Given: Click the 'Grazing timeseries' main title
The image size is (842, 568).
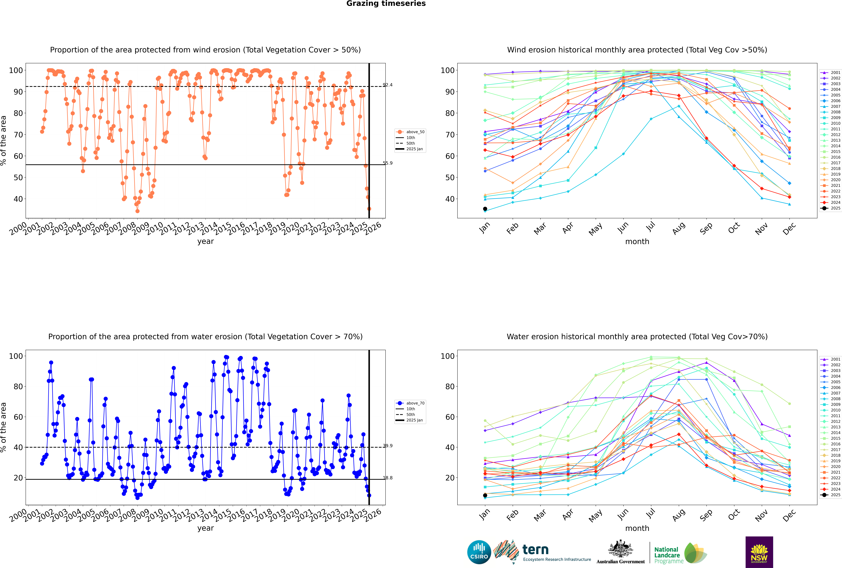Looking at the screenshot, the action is pyautogui.click(x=386, y=4).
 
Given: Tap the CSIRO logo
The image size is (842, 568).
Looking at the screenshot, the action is pyautogui.click(x=479, y=552).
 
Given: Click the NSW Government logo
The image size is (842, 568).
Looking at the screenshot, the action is pyautogui.click(x=759, y=552).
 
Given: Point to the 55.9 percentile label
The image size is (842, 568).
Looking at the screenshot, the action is pyautogui.click(x=388, y=163).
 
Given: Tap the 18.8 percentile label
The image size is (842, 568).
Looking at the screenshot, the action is pyautogui.click(x=388, y=478).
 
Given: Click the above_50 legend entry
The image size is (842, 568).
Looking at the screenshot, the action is pyautogui.click(x=410, y=132).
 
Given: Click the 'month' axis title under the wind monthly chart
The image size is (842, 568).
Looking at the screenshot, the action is pyautogui.click(x=637, y=242).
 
